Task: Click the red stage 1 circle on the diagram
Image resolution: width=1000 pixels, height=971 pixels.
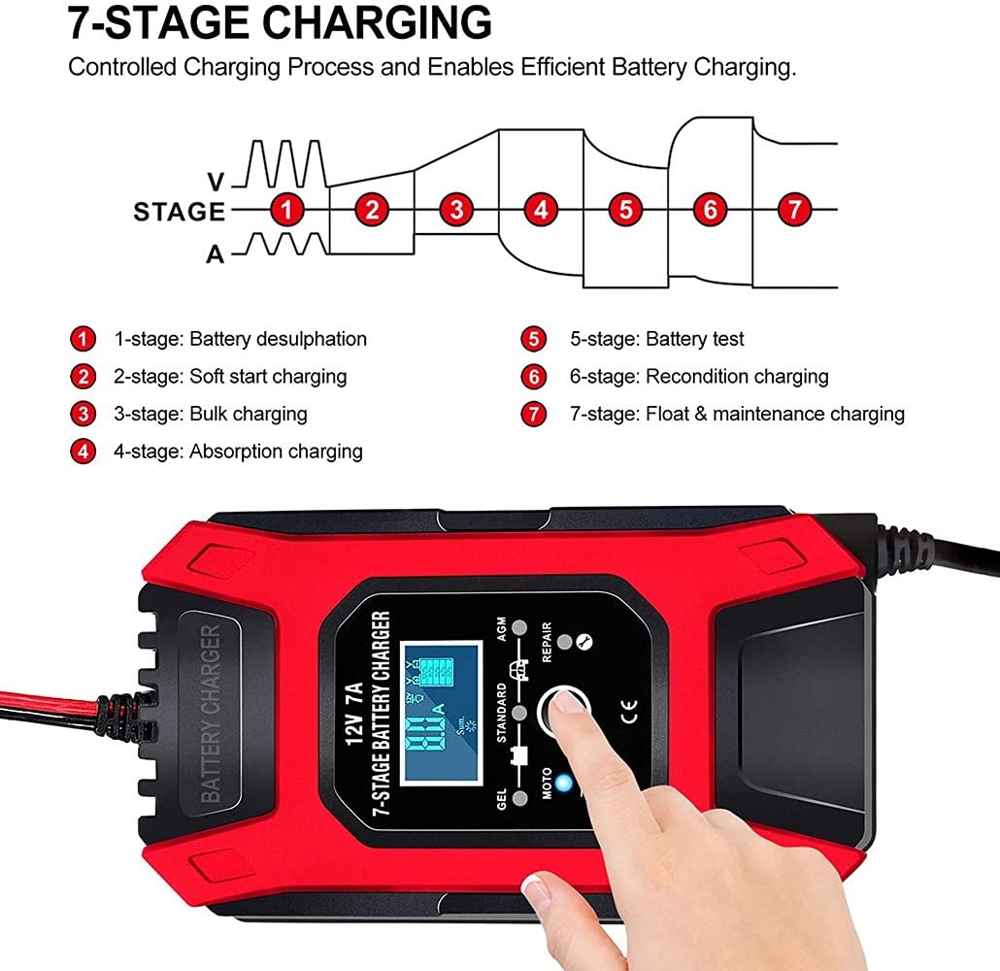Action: [286, 210]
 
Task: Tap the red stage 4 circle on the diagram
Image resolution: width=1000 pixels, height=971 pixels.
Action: [541, 210]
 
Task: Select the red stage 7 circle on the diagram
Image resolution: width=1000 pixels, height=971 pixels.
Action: [794, 210]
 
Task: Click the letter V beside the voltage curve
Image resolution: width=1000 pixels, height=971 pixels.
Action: [217, 182]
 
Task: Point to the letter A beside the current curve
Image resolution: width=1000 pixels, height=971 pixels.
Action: [216, 254]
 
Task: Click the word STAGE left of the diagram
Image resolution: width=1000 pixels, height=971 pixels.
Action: [180, 211]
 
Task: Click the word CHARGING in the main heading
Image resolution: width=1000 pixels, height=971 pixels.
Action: [377, 23]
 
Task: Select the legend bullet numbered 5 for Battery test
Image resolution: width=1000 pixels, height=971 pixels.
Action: [534, 339]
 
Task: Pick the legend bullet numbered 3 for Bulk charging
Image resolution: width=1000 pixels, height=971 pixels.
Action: [83, 414]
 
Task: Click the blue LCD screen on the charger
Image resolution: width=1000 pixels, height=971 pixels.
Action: [441, 714]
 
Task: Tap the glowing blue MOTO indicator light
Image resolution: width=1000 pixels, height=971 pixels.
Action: [563, 783]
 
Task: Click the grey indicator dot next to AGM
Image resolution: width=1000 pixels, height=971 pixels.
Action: [519, 628]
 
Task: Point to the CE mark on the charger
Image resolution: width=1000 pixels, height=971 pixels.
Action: [629, 712]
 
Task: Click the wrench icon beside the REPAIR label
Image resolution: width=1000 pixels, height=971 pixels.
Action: [584, 643]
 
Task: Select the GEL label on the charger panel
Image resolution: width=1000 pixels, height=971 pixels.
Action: [501, 799]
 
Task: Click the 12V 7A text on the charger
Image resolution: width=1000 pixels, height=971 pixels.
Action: [354, 714]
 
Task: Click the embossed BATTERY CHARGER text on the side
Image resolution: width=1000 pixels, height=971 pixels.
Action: [211, 714]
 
